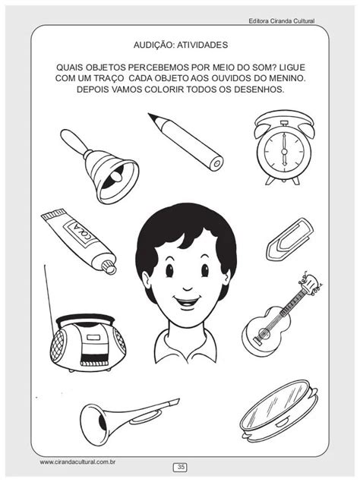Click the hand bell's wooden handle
coord(73,140)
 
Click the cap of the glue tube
coord(109,266)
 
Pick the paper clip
coord(289,239)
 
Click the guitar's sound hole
coord(264,333)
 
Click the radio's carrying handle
coord(85,319)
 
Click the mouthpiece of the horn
coord(173,402)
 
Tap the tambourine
coord(279,408)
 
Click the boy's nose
coord(188,288)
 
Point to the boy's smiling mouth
coord(187,301)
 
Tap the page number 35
coord(181,468)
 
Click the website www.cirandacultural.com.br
coord(77,462)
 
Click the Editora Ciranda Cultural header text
coord(281,21)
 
